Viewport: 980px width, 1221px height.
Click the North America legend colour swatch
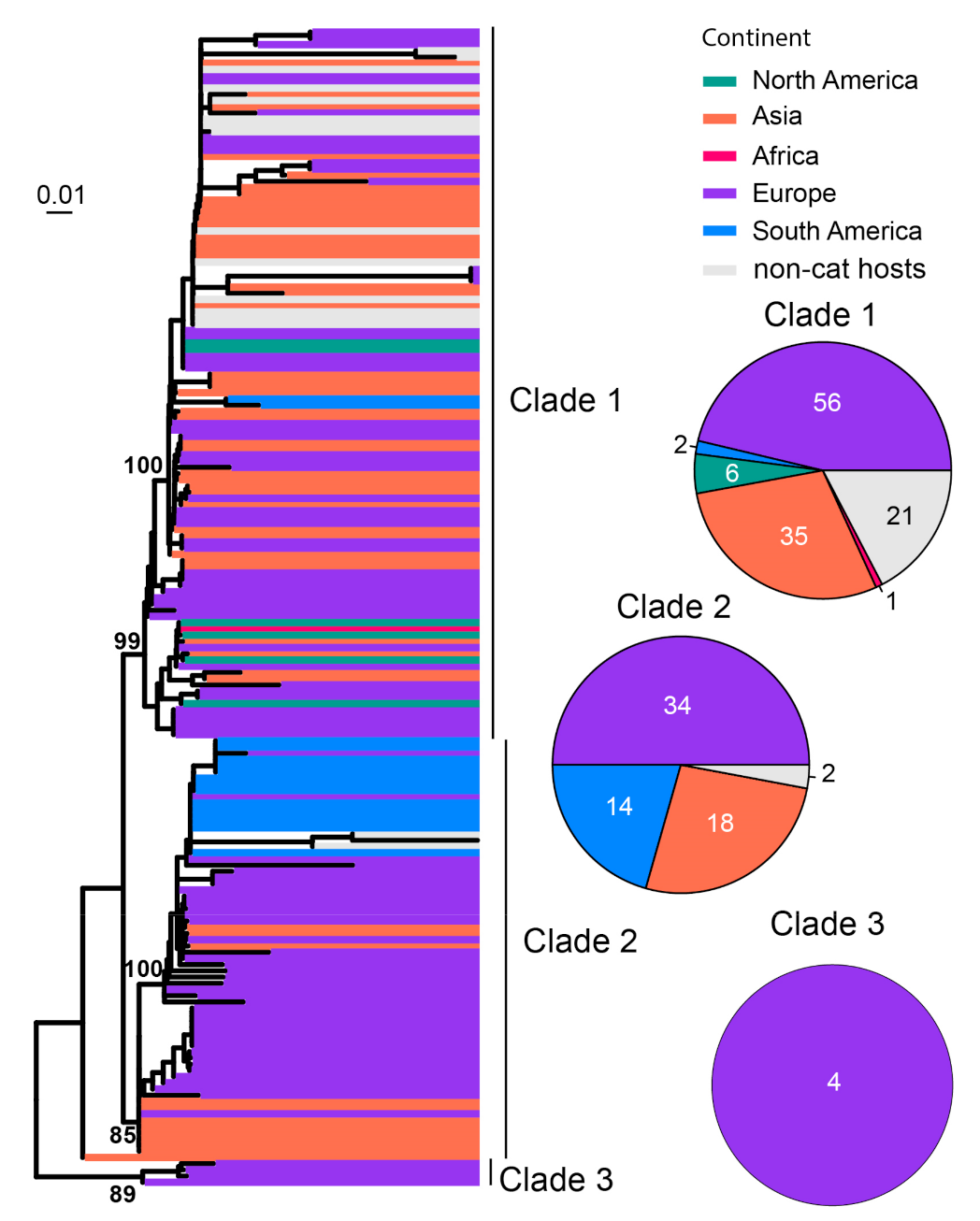pyautogui.click(x=719, y=81)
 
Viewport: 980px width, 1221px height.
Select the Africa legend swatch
pyautogui.click(x=719, y=156)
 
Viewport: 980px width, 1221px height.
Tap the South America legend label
pyautogui.click(x=837, y=231)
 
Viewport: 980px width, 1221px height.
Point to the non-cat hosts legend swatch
pyautogui.click(x=719, y=270)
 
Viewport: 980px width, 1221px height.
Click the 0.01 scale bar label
pyautogui.click(x=61, y=195)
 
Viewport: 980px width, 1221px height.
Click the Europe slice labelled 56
pyautogui.click(x=827, y=402)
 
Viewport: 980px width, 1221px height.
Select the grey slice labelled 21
pyautogui.click(x=899, y=515)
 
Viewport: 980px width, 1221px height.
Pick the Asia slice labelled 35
pyautogui.click(x=793, y=536)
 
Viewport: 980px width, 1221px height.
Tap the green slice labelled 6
pyautogui.click(x=731, y=474)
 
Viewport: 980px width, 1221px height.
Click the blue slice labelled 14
pyautogui.click(x=619, y=806)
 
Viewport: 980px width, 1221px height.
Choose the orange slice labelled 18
pyautogui.click(x=720, y=823)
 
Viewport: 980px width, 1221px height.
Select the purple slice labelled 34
pyautogui.click(x=677, y=705)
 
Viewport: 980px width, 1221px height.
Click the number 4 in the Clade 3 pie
pyautogui.click(x=833, y=1082)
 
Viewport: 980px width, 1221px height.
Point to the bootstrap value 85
pyautogui.click(x=122, y=1135)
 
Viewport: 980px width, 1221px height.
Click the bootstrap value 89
pyautogui.click(x=122, y=1194)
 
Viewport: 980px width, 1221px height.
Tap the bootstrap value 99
pyautogui.click(x=127, y=641)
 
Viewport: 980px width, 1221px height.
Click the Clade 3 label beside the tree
pyautogui.click(x=556, y=1180)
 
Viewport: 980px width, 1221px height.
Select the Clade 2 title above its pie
pyautogui.click(x=673, y=607)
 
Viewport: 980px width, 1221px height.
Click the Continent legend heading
pyautogui.click(x=756, y=38)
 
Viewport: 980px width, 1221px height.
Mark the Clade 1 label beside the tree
pyautogui.click(x=565, y=400)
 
